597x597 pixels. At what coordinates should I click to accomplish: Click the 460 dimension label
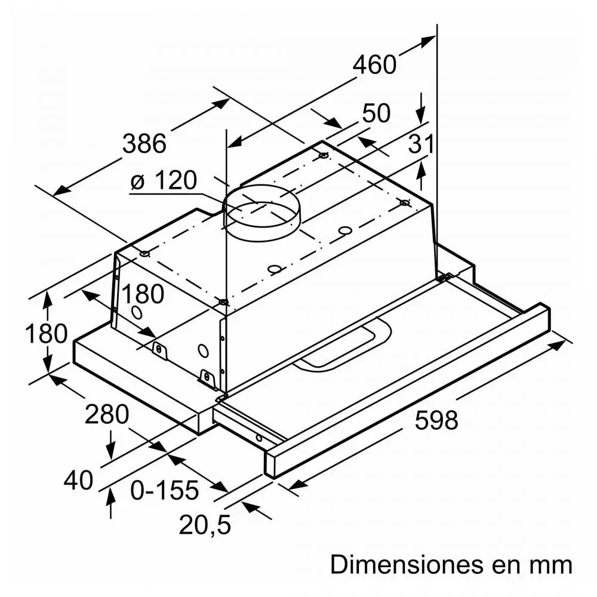point(375,64)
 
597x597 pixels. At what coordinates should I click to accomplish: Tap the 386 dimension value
point(144,143)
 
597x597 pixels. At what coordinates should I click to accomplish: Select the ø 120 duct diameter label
point(164,180)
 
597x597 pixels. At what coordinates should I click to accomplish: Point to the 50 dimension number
point(376,113)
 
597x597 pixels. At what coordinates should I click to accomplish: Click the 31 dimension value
point(421,144)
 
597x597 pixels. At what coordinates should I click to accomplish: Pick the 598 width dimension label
point(436,420)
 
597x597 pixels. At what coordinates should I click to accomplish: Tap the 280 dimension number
point(107,414)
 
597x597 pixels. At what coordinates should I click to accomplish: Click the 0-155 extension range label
point(165,490)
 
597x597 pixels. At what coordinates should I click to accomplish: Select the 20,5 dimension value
point(204,525)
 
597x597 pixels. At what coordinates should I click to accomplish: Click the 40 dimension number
point(78,480)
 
